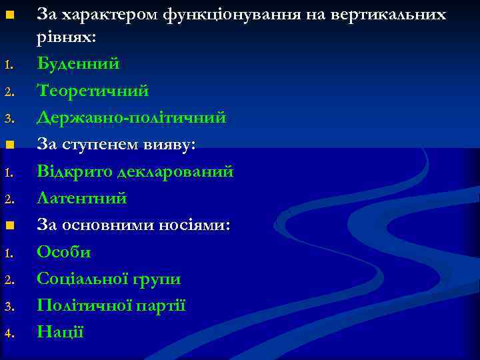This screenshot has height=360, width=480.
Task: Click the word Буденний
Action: coord(78,64)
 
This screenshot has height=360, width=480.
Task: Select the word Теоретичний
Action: coord(93,91)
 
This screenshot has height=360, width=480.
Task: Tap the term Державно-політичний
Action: coord(131,118)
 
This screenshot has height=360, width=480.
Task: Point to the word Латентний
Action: coord(81,198)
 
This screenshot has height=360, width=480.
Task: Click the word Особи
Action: coord(64,252)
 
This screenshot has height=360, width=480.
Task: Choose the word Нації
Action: coord(61,331)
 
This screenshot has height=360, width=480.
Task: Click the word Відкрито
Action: coord(74,171)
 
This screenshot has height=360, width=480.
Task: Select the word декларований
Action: coord(175,171)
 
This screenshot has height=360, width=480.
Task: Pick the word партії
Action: coord(161,305)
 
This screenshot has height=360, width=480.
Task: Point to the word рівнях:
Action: coord(67,37)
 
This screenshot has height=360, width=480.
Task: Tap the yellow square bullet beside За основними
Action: coord(8,226)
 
